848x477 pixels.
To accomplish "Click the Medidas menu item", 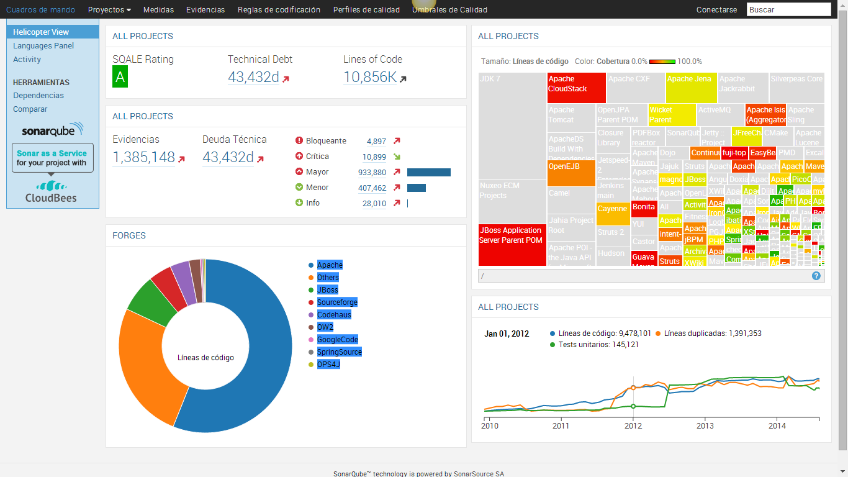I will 158,10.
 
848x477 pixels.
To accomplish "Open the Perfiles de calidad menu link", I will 366,10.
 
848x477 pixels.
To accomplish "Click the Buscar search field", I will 788,9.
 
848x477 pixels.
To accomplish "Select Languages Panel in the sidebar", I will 43,46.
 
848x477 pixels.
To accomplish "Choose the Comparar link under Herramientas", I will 30,109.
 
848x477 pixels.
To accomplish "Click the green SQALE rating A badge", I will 120,78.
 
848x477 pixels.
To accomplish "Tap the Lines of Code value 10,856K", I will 370,77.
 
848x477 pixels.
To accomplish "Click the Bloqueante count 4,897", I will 376,142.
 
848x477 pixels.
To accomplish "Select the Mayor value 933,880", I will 372,173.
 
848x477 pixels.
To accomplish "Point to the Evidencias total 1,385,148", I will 143,158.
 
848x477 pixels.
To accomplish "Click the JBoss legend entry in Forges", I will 327,290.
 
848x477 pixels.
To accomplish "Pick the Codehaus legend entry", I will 334,315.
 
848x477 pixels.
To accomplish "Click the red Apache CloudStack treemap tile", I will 576,88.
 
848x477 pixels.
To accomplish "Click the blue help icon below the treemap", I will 816,276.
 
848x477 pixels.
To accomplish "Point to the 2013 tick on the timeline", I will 705,426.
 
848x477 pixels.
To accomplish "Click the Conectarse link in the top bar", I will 716,10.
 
